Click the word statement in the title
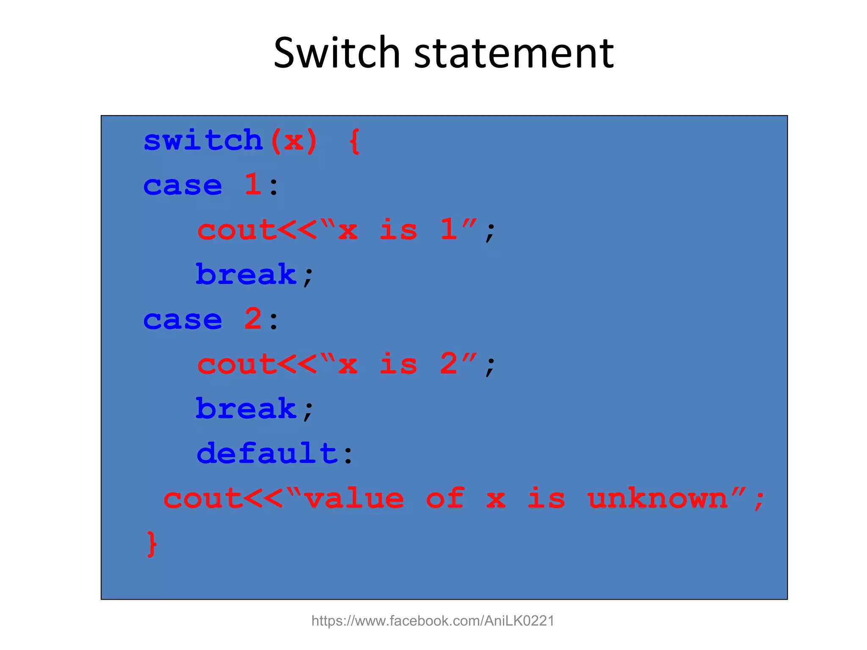tap(514, 53)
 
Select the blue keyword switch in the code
tap(203, 140)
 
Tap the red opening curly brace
tap(355, 141)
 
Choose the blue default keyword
tap(267, 453)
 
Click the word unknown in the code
tap(657, 498)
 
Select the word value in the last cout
tap(354, 498)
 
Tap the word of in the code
tap(445, 498)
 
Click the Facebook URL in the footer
tap(433, 621)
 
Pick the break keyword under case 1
tap(246, 274)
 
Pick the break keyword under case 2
tap(246, 408)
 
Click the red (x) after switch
tap(294, 140)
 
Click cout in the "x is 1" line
tap(237, 230)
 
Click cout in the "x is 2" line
tap(237, 364)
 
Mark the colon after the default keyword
tap(348, 455)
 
